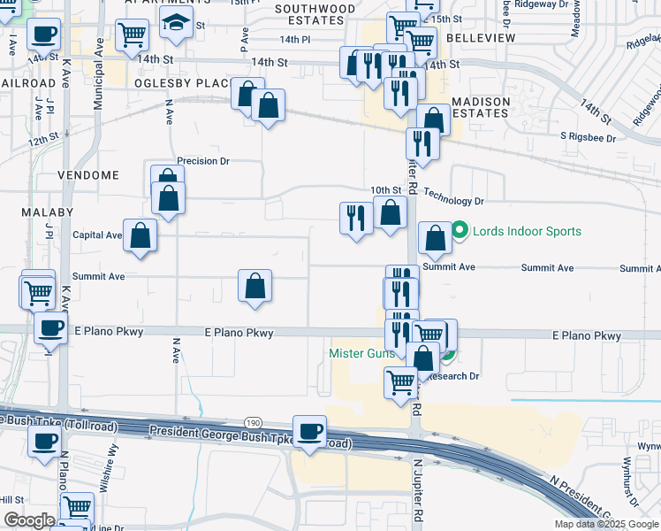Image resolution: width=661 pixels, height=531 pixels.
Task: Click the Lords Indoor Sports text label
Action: tap(527, 232)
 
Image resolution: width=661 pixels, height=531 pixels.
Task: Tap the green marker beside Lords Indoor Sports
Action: tap(460, 232)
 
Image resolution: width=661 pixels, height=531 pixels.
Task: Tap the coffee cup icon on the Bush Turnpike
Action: tap(309, 432)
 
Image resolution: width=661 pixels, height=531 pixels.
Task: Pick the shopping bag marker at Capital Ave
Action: tap(140, 235)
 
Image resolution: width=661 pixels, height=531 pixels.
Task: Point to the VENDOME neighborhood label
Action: tap(88, 175)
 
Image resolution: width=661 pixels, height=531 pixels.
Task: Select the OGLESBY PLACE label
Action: tap(182, 83)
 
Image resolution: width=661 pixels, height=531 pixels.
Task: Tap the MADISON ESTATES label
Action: tap(482, 107)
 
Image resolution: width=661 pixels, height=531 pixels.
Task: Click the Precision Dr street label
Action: tap(203, 161)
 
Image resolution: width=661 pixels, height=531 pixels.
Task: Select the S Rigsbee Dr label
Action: tap(592, 136)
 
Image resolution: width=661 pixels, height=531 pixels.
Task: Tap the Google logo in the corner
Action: tap(29, 520)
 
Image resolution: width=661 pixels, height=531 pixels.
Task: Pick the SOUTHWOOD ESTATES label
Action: tap(315, 15)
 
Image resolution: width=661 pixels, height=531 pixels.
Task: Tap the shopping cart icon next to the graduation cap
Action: tap(132, 35)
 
